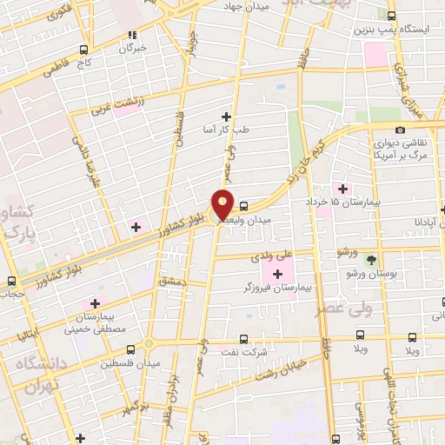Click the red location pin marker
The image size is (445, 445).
coord(223,203)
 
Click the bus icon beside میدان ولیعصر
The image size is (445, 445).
coord(244,207)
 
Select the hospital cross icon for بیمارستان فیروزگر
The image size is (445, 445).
coord(277,275)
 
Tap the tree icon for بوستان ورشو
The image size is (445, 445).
coord(372,260)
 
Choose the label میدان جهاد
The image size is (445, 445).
coord(262,6)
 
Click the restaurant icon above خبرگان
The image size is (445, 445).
coord(133,36)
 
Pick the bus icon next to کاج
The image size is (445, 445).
coord(83,50)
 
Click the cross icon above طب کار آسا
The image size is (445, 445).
coord(227,116)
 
